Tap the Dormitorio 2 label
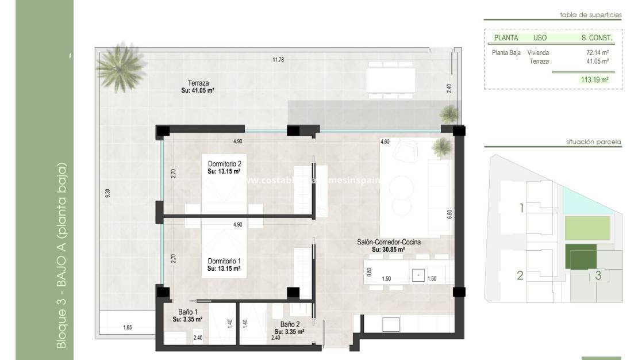pos(224,164)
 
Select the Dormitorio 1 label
pos(224,261)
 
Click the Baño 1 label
pos(187,312)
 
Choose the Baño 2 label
pos(289,324)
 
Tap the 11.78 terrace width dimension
pos(278,59)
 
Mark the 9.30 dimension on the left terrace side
pos(107,194)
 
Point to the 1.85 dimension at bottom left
pos(128,327)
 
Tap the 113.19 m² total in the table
pos(594,80)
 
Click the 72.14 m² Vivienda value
pos(597,52)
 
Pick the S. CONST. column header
pos(597,38)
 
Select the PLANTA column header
pos(506,38)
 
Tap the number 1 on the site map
pos(522,208)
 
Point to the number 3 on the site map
pos(598,275)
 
